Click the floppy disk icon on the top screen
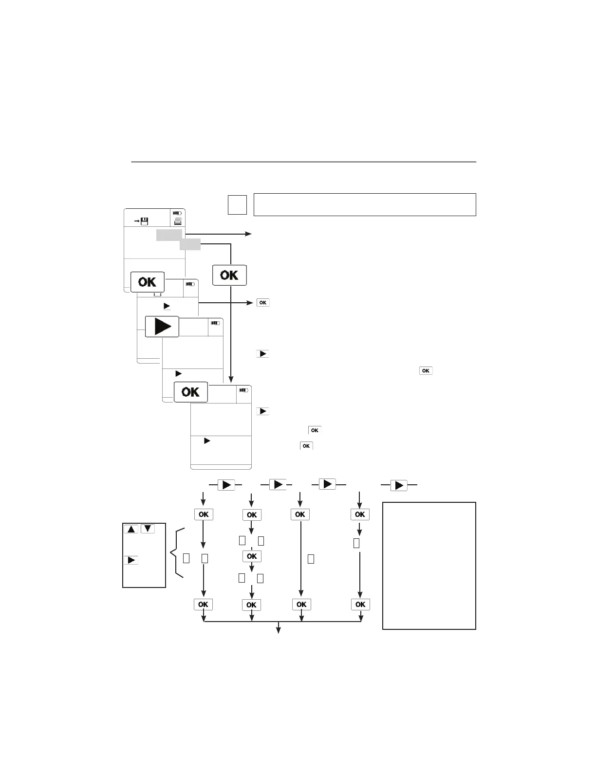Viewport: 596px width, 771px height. (144, 221)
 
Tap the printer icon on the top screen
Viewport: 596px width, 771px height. (178, 221)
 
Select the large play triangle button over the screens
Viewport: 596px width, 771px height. (162, 326)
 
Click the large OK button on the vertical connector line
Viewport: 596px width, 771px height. (229, 275)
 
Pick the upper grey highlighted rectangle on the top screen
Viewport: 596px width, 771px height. (169, 235)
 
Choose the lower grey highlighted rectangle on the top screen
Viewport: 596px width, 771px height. (190, 244)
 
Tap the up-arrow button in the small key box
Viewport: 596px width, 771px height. (131, 529)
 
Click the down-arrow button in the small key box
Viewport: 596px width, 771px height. (148, 529)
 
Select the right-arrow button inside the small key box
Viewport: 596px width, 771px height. (131, 560)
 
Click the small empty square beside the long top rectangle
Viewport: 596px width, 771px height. (237, 204)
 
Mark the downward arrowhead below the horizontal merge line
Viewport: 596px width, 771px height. (279, 630)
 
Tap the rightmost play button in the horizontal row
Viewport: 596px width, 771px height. (399, 485)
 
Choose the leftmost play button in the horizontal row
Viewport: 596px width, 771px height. (226, 485)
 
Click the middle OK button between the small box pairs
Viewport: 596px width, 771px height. (251, 556)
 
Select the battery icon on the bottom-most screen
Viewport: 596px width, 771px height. (243, 390)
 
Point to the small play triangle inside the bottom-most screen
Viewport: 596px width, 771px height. (207, 441)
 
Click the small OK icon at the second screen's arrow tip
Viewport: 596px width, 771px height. (262, 303)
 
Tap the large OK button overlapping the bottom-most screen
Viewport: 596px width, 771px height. (190, 392)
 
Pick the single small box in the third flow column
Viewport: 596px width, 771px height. (311, 559)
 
